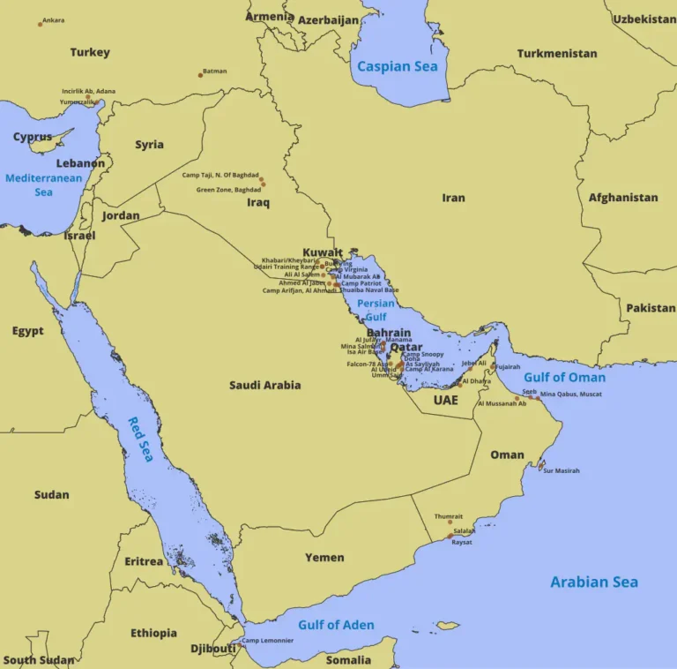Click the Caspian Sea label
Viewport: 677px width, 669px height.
[x=397, y=66]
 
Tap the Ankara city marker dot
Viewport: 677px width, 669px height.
[x=40, y=24]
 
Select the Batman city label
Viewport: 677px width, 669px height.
[x=214, y=71]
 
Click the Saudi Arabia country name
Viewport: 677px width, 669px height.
[x=264, y=385]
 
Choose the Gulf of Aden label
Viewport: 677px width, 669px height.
[x=336, y=625]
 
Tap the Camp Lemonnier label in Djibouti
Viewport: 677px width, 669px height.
[x=268, y=641]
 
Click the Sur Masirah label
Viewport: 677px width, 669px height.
[x=562, y=470]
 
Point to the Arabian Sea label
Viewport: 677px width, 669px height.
[x=594, y=582]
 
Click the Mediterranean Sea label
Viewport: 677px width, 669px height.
[x=43, y=184]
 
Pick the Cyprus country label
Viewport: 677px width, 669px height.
[x=33, y=137]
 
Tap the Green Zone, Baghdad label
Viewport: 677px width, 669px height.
[x=228, y=190]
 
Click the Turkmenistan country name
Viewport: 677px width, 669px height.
[x=557, y=53]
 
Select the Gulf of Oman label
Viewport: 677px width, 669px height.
[x=564, y=377]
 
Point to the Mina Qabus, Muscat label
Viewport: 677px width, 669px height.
[x=571, y=394]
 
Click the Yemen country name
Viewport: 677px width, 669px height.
[x=324, y=557]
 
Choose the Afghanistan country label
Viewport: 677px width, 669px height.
[x=623, y=198]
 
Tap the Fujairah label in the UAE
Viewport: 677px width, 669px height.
[x=508, y=367]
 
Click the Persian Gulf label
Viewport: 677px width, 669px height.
[x=376, y=310]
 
